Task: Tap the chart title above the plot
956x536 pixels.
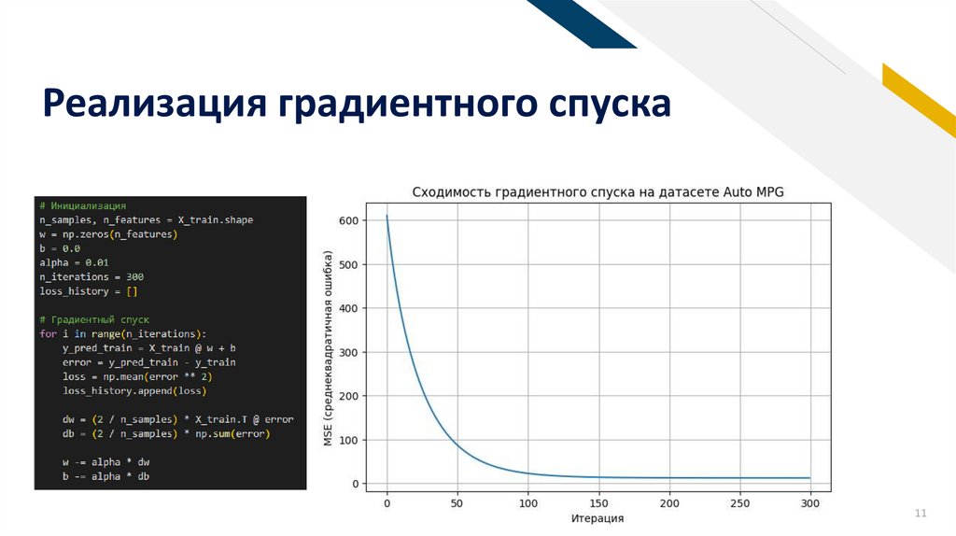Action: point(597,192)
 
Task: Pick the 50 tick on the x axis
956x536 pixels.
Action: point(457,503)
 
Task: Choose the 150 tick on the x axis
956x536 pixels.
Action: point(598,503)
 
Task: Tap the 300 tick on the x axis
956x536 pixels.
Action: point(810,503)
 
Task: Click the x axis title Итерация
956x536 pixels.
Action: point(598,518)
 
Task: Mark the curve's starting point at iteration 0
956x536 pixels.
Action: point(387,217)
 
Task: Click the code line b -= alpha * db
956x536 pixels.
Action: point(105,477)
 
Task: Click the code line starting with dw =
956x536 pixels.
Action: point(177,419)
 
